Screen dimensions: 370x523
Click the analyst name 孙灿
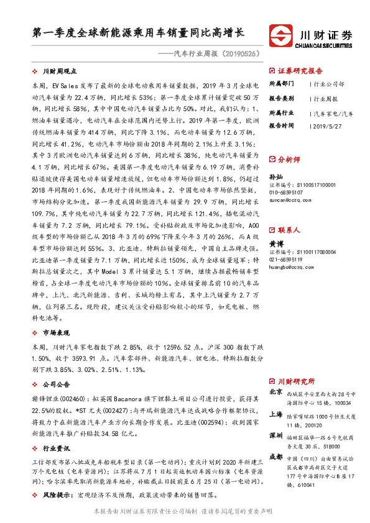coord(275,177)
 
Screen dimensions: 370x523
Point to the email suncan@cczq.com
coord(289,201)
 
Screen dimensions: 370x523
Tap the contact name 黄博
coord(275,244)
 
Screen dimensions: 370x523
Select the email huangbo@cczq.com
coord(290,268)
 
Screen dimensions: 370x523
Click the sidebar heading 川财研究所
coord(296,381)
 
